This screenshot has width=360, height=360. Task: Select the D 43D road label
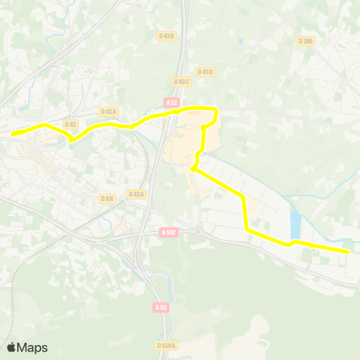204,72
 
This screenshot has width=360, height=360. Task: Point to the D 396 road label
304,41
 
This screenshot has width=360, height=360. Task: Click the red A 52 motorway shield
172,102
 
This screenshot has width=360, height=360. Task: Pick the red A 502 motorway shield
169,232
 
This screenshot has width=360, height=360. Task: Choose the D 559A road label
167,345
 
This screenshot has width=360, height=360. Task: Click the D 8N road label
106,198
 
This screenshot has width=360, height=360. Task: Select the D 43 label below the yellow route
71,124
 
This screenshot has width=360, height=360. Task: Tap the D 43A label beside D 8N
136,194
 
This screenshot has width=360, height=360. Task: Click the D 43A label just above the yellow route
109,111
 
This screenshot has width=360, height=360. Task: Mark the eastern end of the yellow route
349,252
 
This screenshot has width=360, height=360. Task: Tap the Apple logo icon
11,347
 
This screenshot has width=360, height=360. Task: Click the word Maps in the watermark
33,347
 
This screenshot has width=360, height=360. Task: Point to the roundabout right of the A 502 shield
197,232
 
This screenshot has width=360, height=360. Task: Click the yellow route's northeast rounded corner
215,111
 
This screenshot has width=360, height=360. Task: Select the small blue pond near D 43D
240,42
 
